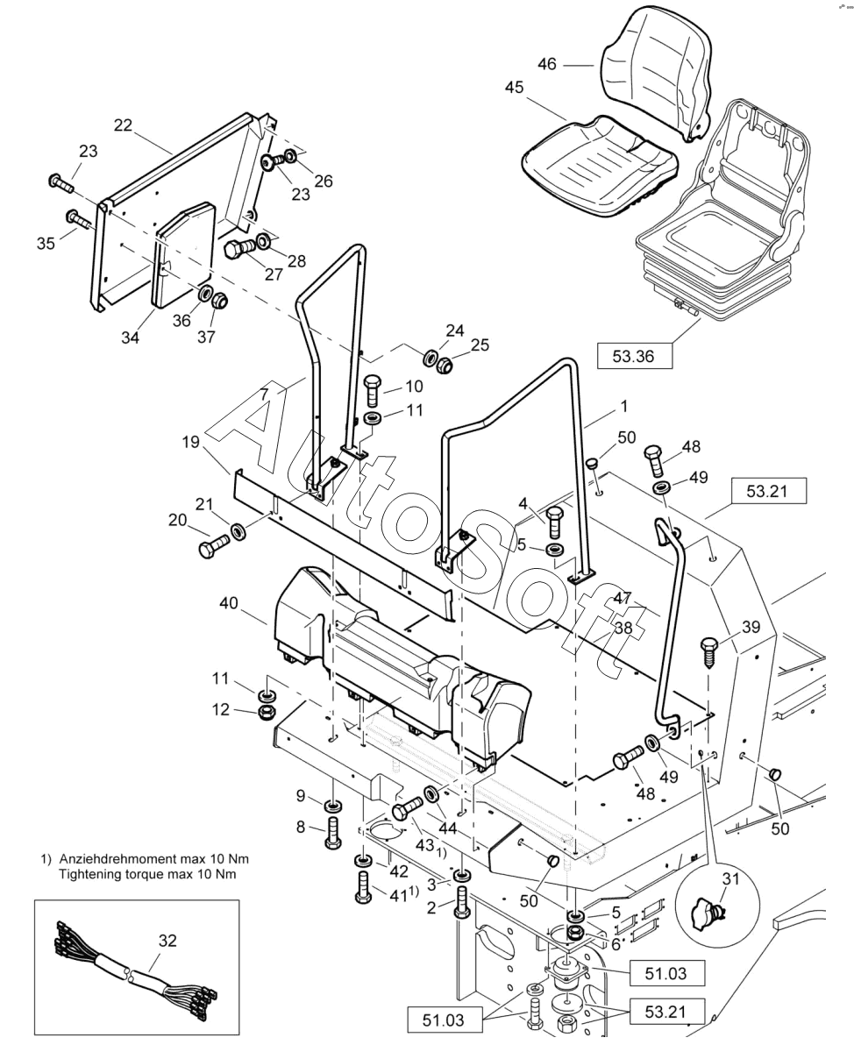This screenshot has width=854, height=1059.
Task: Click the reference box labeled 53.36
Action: click(634, 356)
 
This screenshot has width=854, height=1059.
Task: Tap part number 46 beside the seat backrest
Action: click(547, 64)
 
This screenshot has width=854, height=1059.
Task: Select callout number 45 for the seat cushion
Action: click(514, 88)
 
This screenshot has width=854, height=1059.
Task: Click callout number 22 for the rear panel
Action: click(123, 125)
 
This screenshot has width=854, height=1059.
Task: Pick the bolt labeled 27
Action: click(239, 246)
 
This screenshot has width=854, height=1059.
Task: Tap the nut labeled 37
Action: click(218, 300)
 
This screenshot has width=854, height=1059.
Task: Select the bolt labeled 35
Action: click(78, 220)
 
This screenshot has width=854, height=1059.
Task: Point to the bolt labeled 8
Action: click(332, 832)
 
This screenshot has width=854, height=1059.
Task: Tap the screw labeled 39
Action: click(709, 652)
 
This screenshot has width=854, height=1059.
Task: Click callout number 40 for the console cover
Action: click(228, 603)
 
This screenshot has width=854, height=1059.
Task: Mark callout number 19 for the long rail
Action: click(190, 442)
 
